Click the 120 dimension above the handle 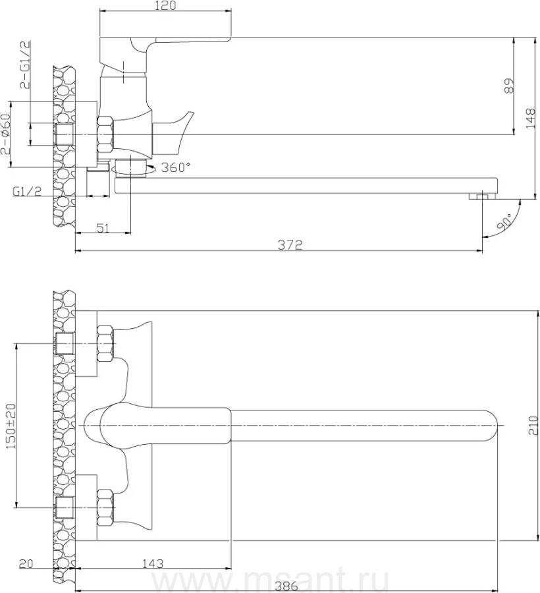point(165,6)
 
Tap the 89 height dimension point(509,86)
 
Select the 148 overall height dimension point(531,118)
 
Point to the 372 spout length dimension point(290,244)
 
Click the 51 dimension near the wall point(103,228)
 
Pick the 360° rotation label point(175,167)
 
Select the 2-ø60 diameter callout point(6,134)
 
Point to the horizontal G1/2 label point(27,191)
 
